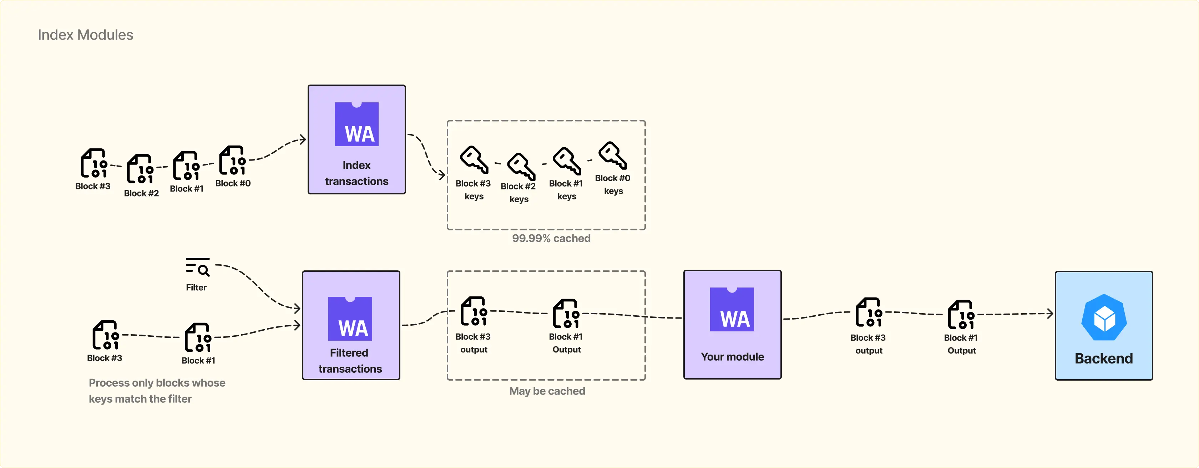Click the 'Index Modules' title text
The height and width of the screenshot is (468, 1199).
85,35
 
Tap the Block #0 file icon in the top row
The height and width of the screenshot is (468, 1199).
233,161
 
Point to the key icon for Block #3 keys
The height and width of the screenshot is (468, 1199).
474,159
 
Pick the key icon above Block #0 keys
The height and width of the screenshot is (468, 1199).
613,155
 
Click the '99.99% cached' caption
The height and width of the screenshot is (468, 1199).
551,238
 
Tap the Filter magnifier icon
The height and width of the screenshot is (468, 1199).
198,267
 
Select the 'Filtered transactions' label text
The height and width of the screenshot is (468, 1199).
350,361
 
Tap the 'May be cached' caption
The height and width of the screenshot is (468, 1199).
547,391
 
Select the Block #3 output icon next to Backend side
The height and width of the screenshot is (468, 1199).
869,312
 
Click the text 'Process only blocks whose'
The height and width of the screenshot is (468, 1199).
157,382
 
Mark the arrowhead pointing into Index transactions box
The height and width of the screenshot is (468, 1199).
303,139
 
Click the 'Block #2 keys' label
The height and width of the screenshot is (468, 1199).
518,193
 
